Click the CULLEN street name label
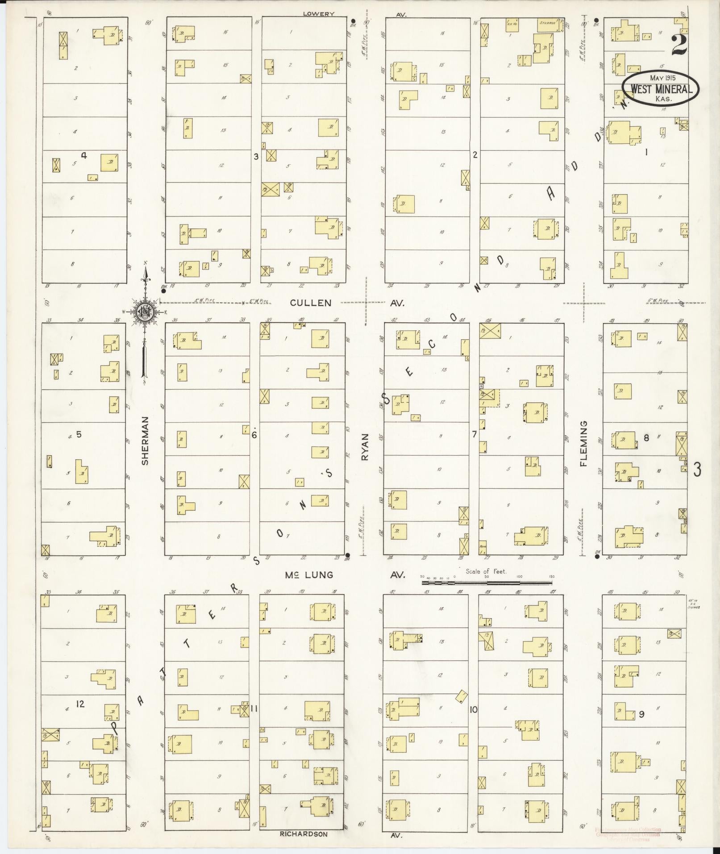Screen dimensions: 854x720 tap(311, 303)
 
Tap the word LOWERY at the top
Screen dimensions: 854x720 tap(318, 14)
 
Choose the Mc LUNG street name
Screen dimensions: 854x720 tap(309, 575)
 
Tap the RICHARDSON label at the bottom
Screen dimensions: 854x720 tap(304, 834)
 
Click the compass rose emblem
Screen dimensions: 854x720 tap(145, 312)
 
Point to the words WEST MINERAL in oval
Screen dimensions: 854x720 tap(661, 89)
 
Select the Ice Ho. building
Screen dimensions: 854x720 tap(512, 23)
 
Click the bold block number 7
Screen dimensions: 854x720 tap(474, 434)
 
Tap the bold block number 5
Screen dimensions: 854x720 tap(79, 434)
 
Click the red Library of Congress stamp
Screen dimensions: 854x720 tap(628, 833)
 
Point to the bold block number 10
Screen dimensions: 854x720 tap(473, 709)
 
